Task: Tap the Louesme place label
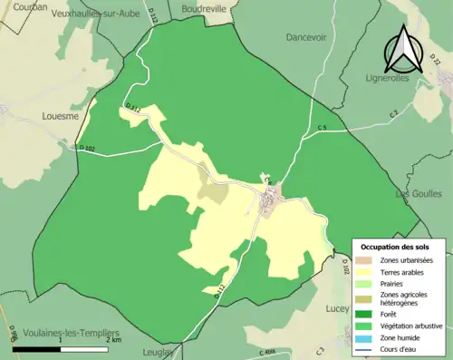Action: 62,115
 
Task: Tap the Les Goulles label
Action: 419,193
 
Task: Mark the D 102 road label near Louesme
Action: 87,149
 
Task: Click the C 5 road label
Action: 323,128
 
